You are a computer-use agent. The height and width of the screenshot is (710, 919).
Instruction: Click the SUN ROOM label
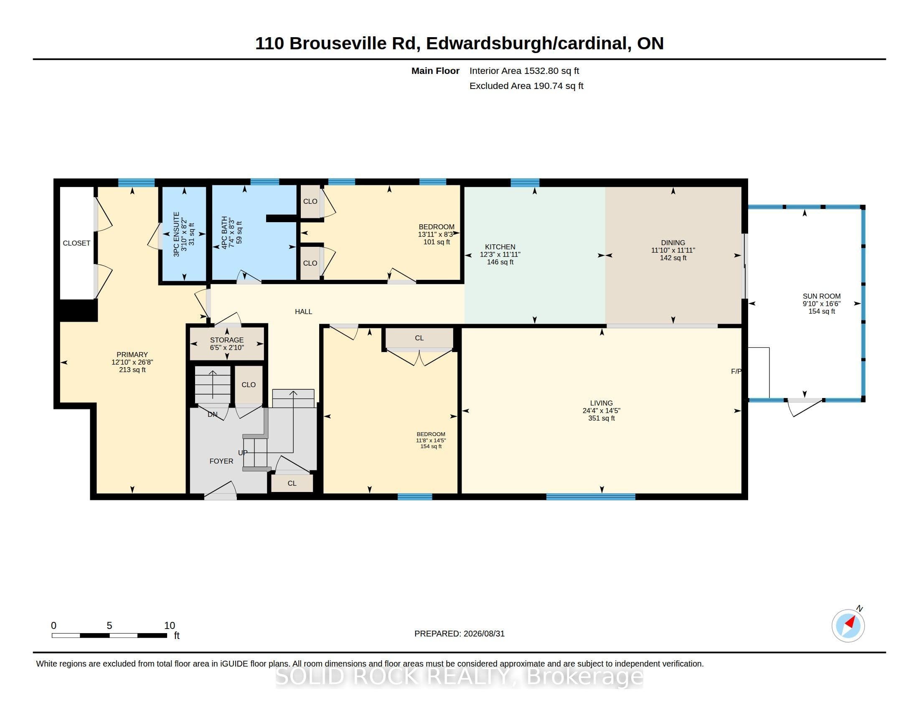821,296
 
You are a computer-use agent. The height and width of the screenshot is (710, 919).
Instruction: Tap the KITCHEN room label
500,247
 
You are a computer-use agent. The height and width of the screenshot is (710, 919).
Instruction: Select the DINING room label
673,243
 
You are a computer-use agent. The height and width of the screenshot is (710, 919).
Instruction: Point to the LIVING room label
601,403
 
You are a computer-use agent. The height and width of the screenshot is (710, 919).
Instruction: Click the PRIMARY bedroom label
132,355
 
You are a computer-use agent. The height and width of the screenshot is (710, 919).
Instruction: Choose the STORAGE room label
227,340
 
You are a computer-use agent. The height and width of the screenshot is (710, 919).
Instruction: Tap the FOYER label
221,461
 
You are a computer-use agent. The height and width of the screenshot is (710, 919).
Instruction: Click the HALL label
303,312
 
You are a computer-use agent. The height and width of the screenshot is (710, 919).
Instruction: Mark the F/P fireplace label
736,371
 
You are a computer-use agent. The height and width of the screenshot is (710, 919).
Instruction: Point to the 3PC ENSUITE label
176,234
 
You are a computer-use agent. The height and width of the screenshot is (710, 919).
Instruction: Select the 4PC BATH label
224,233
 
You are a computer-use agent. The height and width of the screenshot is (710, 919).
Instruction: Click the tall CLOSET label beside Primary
76,243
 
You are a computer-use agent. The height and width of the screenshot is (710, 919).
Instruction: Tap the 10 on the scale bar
170,626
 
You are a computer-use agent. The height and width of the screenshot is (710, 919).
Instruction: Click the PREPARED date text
459,634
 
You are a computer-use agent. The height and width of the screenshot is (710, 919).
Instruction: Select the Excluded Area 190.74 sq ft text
526,86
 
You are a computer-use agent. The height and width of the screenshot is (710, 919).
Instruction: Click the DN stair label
213,414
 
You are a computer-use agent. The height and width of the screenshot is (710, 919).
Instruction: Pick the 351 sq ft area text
601,418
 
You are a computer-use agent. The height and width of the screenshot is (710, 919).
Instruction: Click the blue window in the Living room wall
591,497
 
